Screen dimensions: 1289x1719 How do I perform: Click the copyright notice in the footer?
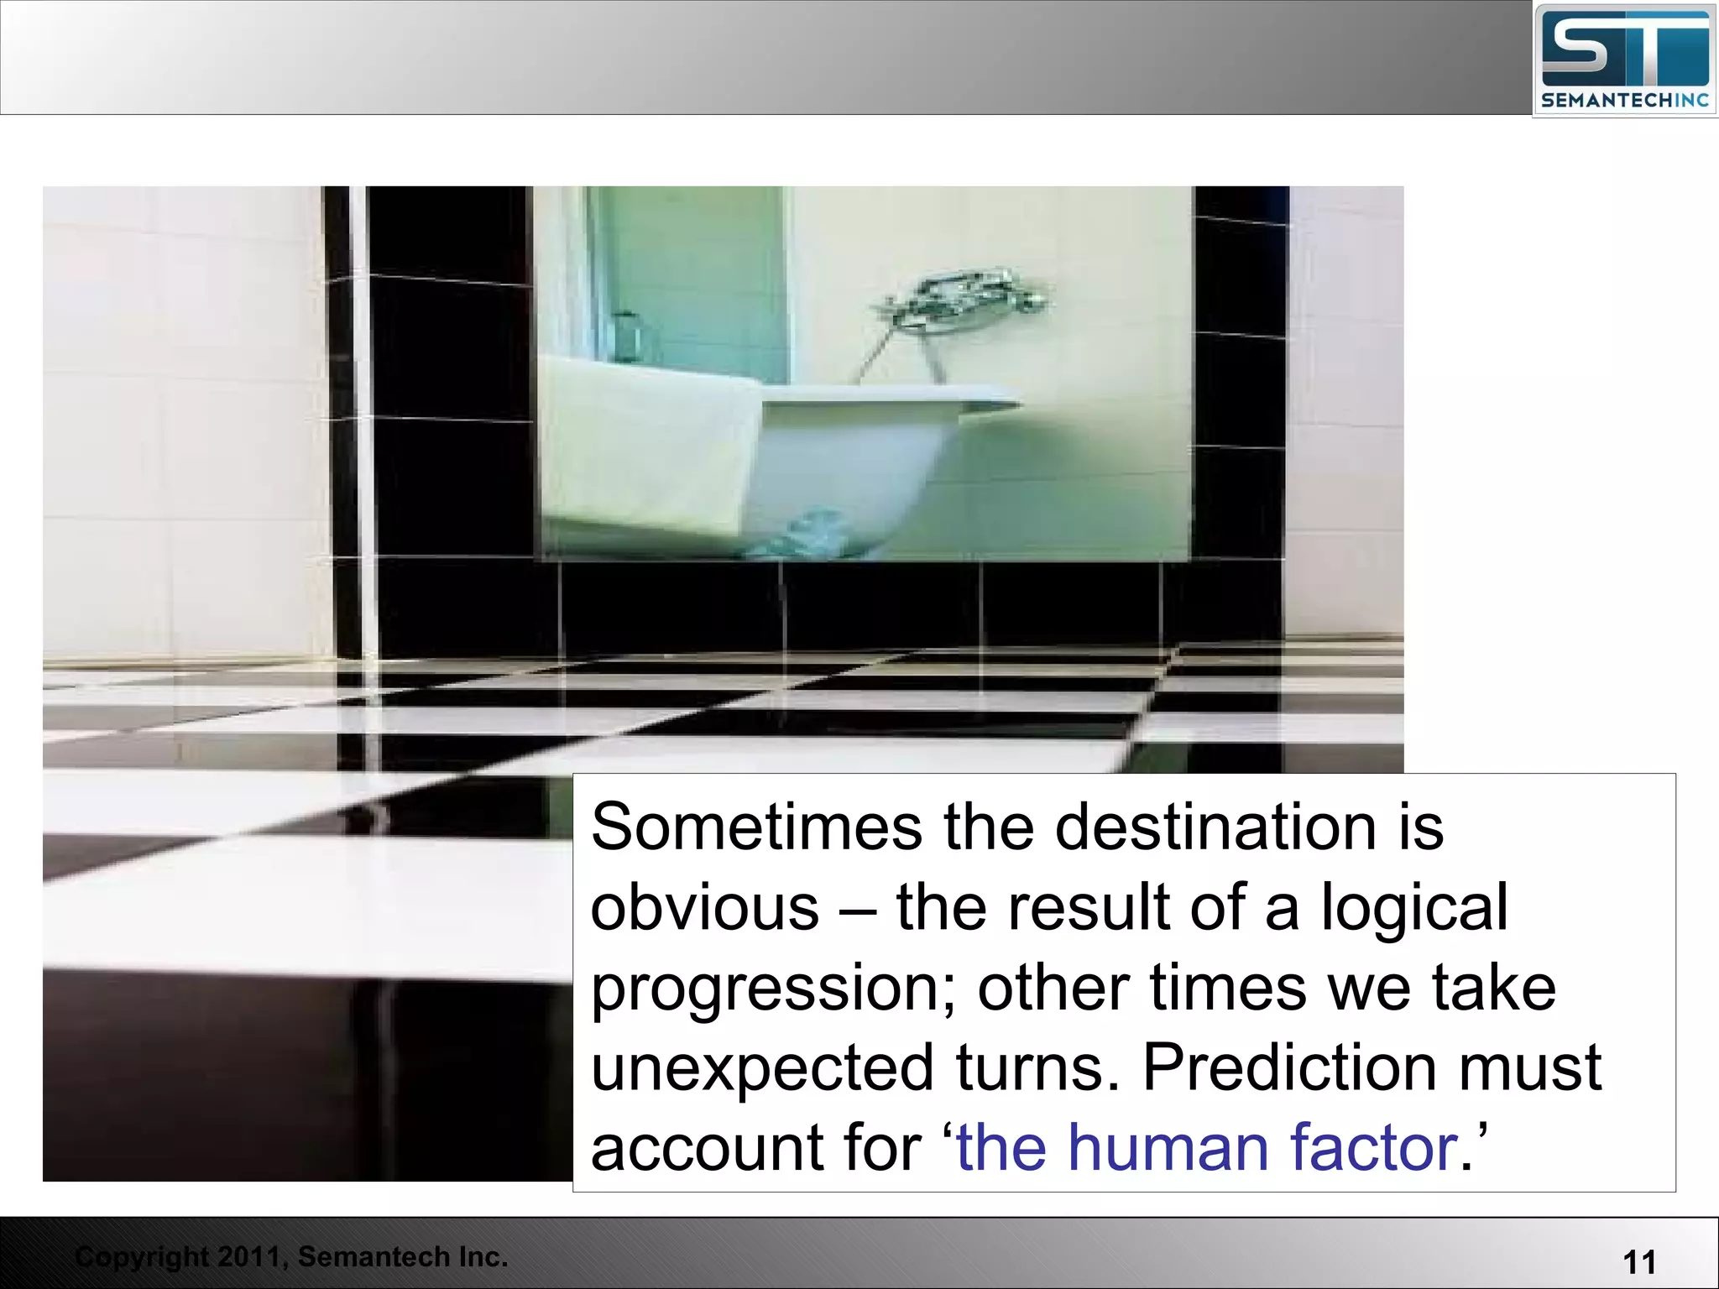[x=290, y=1257]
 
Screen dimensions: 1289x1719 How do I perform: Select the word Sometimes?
[x=756, y=827]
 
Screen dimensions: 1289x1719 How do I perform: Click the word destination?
[x=1215, y=827]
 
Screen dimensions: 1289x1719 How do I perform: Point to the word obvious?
[x=704, y=908]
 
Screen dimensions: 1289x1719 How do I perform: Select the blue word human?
[x=1168, y=1148]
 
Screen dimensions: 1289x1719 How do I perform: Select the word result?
[x=1089, y=908]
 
